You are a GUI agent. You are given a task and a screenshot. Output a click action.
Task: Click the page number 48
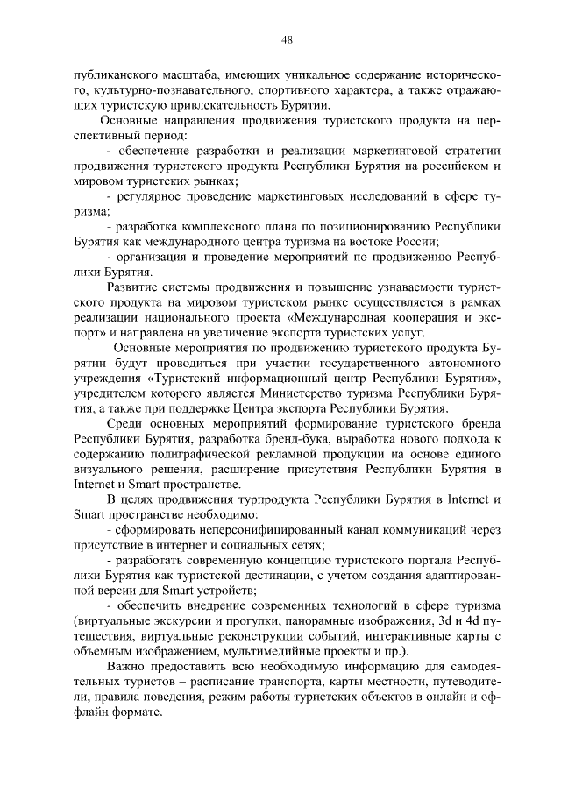click(287, 39)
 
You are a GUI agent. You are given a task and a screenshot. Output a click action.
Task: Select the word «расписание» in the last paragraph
click(210, 682)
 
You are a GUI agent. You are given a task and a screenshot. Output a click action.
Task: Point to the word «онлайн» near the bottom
click(447, 697)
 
